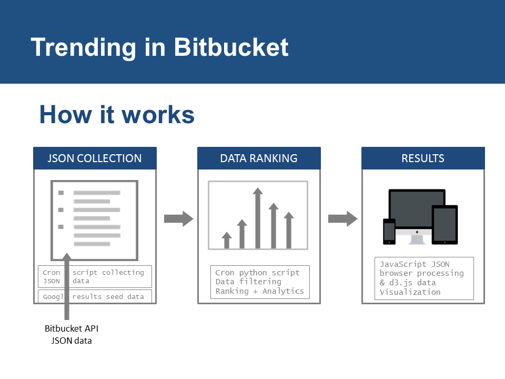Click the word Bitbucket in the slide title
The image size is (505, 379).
point(231,47)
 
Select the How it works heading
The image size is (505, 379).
point(117,115)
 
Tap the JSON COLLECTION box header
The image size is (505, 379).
point(95,158)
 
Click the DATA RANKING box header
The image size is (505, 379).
point(259,158)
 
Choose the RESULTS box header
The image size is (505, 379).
point(423,158)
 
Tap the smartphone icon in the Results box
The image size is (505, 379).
point(389,231)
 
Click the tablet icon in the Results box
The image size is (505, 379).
point(445,225)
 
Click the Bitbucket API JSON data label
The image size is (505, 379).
point(72,334)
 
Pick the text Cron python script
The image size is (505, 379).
point(258,273)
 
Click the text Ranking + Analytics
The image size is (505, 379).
point(260,291)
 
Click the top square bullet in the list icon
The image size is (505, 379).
point(61,193)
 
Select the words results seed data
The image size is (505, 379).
point(108,296)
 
